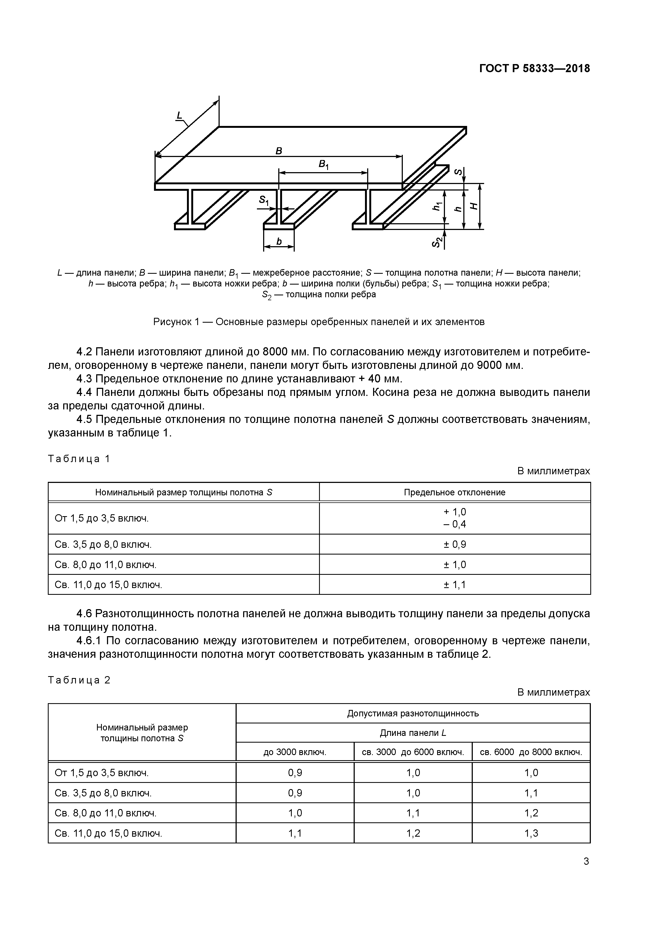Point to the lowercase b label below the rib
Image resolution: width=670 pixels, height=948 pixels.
point(279,242)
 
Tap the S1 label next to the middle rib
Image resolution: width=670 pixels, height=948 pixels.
point(264,201)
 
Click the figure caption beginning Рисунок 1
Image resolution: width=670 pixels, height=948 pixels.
point(319,322)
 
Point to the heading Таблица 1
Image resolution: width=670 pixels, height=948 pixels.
point(79,459)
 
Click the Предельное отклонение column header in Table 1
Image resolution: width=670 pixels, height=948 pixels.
point(454,492)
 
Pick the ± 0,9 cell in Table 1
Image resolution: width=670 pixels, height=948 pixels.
point(454,544)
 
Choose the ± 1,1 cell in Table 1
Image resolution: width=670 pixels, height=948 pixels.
point(454,585)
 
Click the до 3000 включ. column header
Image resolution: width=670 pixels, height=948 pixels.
point(295,752)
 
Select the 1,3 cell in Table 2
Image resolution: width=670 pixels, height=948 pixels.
point(531,833)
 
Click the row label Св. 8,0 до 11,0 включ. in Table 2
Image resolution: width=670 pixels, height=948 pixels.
point(106,813)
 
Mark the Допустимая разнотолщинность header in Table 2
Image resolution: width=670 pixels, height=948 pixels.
point(413,713)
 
